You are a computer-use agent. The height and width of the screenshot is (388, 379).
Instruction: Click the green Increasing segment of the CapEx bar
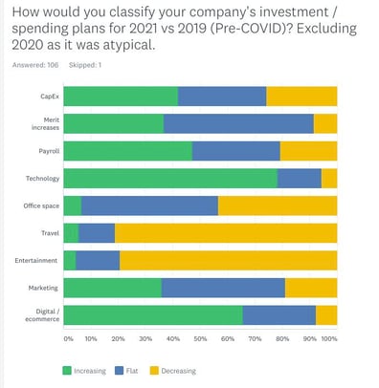tap(121, 96)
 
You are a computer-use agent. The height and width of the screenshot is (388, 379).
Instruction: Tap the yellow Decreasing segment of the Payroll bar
tap(308, 151)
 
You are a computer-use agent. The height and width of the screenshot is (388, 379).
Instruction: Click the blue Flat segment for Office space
tap(149, 205)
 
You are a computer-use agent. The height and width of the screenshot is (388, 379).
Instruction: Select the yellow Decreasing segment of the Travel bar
tap(226, 232)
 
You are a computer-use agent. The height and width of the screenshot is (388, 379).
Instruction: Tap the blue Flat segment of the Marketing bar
tap(223, 288)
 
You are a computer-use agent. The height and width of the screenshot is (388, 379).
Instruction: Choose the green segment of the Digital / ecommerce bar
tap(153, 314)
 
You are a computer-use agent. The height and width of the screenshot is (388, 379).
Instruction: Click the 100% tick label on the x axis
tap(328, 338)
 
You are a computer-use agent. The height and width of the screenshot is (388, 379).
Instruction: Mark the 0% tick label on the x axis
tap(68, 338)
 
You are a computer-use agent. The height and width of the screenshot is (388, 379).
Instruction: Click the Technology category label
tap(43, 178)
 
